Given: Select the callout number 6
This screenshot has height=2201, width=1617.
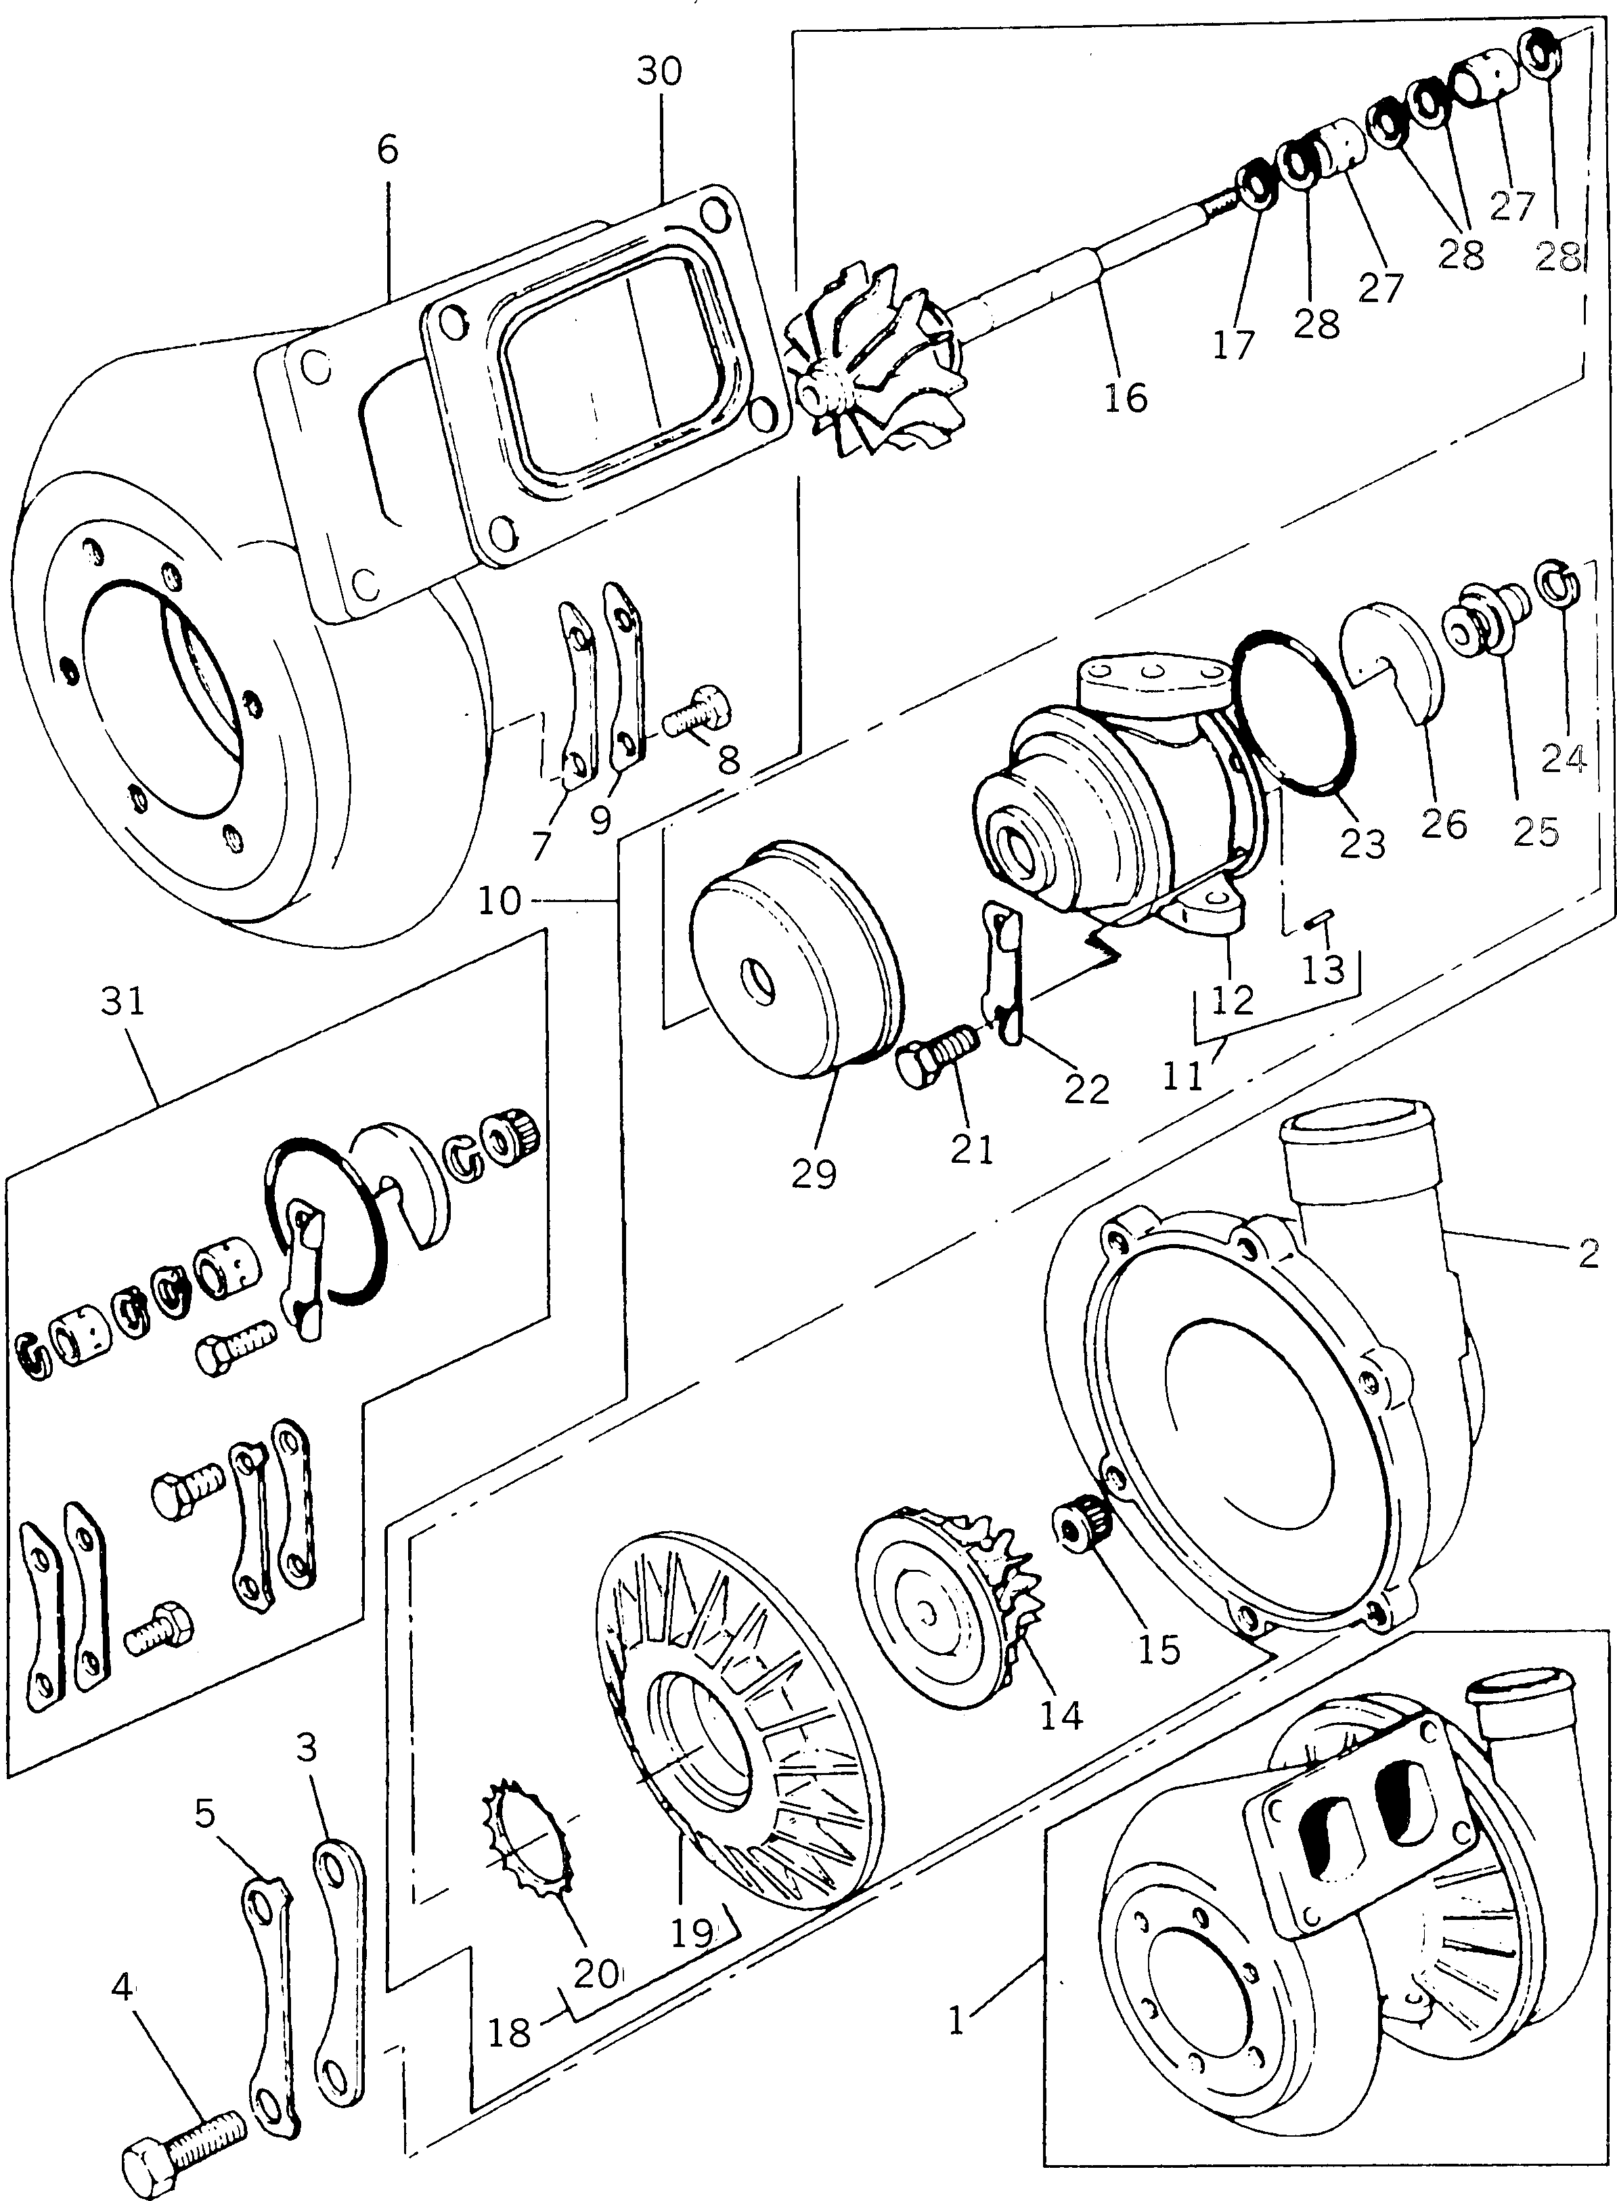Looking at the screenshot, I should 388,151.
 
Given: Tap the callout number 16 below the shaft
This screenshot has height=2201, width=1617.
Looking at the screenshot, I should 1126,398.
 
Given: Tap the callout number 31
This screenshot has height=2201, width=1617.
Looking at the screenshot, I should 123,1002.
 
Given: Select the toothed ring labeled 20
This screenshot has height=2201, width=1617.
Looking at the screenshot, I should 529,1821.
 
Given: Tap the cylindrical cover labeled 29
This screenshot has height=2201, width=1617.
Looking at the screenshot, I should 793,960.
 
